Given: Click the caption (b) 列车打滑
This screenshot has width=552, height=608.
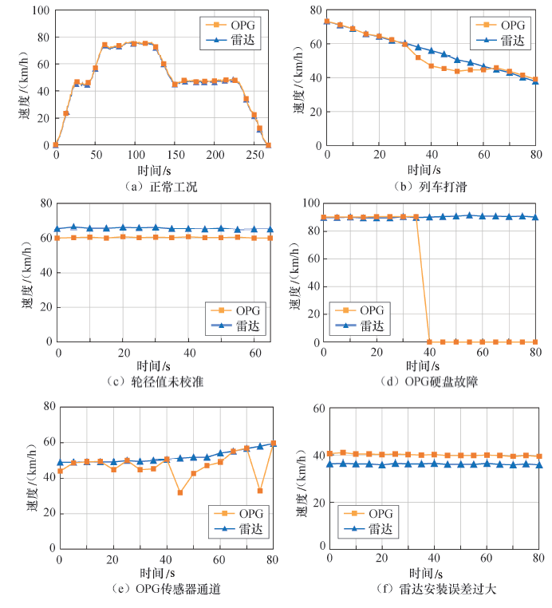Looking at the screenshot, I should tap(430, 186).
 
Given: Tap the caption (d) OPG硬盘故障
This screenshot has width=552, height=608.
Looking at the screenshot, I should tap(431, 381).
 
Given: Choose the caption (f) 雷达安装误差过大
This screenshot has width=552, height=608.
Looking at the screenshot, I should tap(431, 590).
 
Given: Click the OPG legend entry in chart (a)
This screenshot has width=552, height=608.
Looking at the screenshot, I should tap(240, 22).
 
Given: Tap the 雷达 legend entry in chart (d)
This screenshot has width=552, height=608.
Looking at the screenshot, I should tap(364, 326).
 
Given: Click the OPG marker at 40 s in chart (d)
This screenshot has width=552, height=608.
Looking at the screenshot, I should tap(430, 342).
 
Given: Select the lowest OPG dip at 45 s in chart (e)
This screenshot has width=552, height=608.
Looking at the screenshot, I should tap(180, 492).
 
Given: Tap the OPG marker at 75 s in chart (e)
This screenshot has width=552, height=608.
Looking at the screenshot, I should tap(260, 491).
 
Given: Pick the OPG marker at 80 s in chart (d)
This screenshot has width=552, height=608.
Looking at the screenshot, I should tap(535, 342).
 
